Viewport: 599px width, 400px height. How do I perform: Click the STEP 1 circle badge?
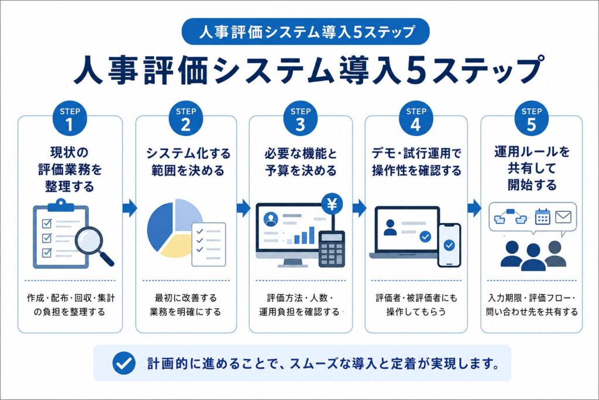(x=69, y=118)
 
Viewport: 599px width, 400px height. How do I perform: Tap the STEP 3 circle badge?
(x=301, y=118)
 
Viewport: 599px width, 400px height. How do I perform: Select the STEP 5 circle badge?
(x=531, y=118)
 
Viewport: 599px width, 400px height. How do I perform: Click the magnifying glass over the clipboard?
(x=94, y=245)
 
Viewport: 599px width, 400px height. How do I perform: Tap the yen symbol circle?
(x=332, y=204)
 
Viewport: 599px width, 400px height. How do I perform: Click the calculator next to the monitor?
(x=332, y=249)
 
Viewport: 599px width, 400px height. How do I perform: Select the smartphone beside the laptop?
(x=449, y=245)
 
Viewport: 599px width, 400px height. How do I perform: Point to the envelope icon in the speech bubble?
(x=563, y=217)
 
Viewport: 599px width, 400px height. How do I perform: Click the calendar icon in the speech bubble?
(x=542, y=217)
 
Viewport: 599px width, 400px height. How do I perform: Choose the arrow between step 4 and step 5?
(x=474, y=208)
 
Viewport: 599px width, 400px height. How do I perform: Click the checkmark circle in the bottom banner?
(x=124, y=363)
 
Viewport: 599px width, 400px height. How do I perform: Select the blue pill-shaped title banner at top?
(x=306, y=32)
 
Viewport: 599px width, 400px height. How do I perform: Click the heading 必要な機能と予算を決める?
(x=301, y=162)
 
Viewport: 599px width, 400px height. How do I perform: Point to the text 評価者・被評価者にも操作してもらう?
(x=416, y=305)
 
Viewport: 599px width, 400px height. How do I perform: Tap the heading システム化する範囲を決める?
(x=188, y=162)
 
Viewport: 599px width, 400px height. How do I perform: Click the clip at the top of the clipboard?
(x=61, y=205)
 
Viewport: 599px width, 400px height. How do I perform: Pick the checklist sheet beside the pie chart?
(x=209, y=244)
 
